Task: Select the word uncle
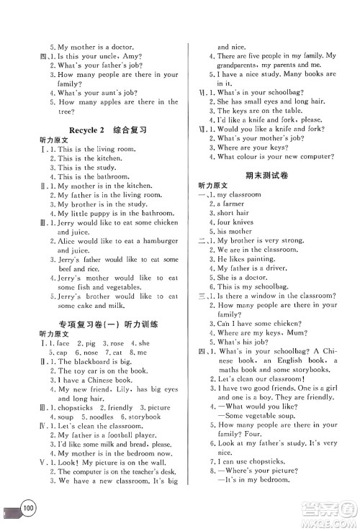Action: click(x=122, y=55)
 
